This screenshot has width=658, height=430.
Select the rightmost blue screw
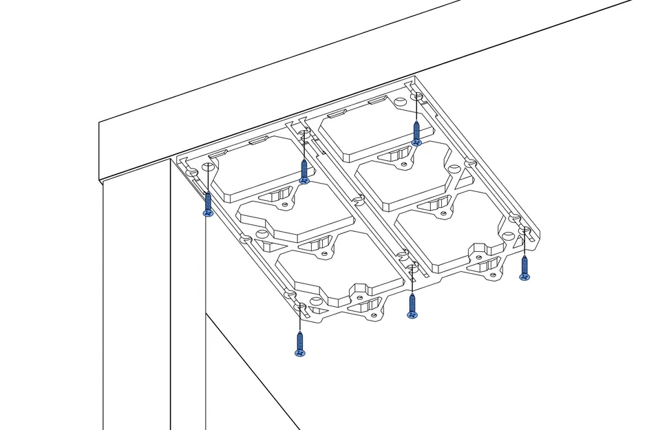pyautogui.click(x=524, y=268)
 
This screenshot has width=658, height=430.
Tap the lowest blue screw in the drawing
pyautogui.click(x=299, y=344)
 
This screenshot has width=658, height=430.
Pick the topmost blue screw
pyautogui.click(x=416, y=133)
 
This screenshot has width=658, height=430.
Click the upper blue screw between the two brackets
pyautogui.click(x=304, y=171)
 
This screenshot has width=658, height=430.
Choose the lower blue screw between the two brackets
pyautogui.click(x=412, y=306)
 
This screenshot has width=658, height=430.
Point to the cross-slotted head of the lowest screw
pyautogui.click(x=299, y=353)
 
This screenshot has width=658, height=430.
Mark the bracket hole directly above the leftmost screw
pyautogui.click(x=194, y=171)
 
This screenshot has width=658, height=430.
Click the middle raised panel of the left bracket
pyautogui.click(x=296, y=213)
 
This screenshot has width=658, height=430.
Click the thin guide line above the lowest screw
pyautogui.click(x=299, y=320)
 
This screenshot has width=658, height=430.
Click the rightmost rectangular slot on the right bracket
pyautogui.click(x=377, y=101)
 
